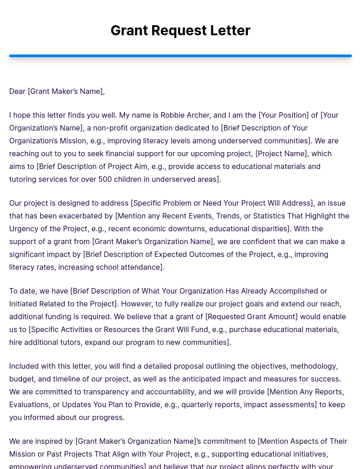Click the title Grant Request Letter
(180, 30)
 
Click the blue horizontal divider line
(180, 56)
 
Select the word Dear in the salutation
(17, 91)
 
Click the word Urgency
(23, 229)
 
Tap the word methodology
(314, 366)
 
